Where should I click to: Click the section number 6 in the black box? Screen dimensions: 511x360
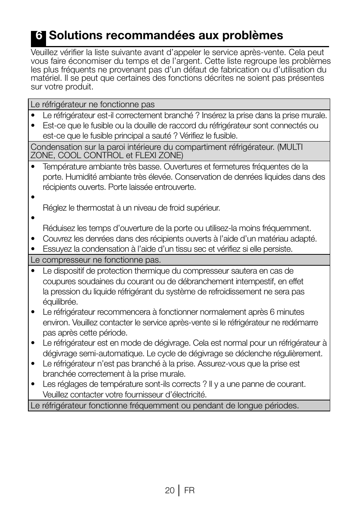38,36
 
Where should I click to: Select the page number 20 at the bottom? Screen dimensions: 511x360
169,490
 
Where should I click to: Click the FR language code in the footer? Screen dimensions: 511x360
189,490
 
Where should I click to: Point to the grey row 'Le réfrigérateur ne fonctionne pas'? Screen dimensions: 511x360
92,104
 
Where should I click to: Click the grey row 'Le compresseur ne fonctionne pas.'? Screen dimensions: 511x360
96,260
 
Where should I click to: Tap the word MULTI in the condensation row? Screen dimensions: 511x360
291,147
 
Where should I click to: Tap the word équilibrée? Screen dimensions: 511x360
60,302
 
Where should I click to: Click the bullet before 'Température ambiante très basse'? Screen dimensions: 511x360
33,167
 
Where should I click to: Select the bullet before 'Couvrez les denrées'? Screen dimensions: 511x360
33,239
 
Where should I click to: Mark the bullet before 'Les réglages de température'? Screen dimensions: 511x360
33,384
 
